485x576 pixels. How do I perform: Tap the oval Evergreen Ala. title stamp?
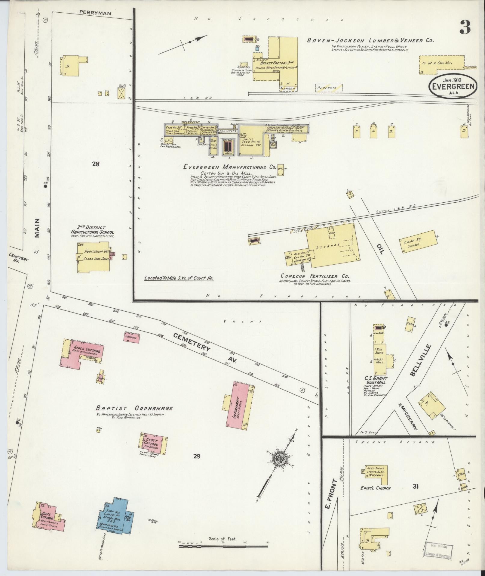[x=453, y=86]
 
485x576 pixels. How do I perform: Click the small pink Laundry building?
[x=131, y=337]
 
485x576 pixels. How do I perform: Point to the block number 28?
[x=96, y=164]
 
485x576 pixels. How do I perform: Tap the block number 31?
[x=416, y=486]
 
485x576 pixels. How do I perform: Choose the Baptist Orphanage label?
[x=134, y=408]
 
